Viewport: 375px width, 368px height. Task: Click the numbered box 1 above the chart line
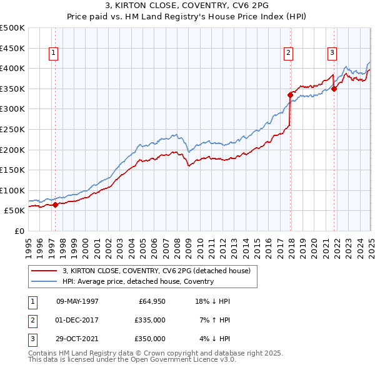54,54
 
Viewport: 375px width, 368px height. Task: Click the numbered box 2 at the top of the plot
289,54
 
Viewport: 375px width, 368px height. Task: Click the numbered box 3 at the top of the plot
332,54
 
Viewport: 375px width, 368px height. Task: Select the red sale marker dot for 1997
55,205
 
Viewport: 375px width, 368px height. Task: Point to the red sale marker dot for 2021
334,89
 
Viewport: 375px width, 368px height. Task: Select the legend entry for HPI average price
138,281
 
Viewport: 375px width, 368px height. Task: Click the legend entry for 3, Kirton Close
156,271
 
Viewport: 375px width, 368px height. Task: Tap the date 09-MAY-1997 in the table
77,301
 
